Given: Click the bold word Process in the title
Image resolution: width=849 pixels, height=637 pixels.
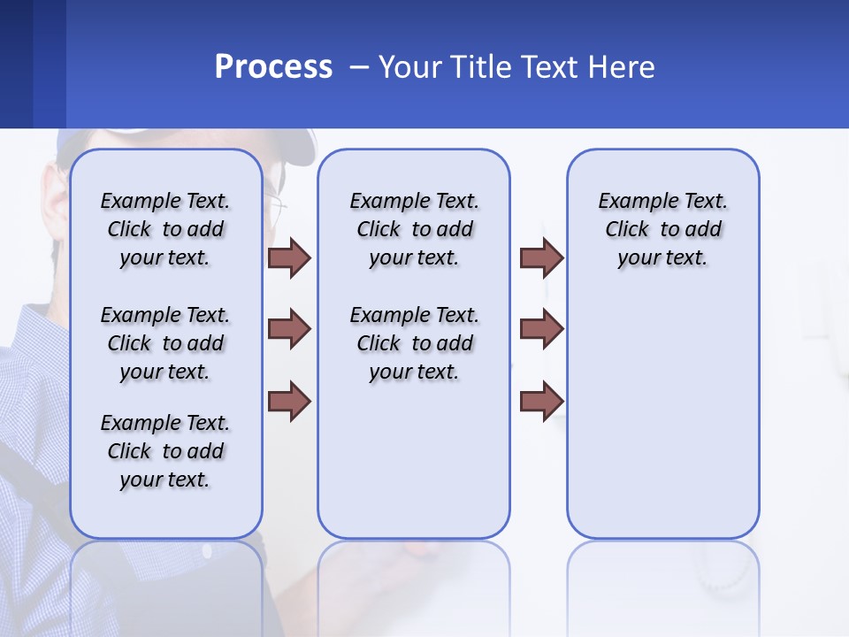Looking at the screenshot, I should coord(273,66).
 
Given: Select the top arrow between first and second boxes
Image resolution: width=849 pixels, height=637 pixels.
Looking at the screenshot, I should coord(289,257).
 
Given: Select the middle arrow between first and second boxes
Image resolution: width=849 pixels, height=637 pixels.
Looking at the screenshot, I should coord(289,329).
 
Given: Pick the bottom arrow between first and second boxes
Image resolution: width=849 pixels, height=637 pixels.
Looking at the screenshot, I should coord(289,401).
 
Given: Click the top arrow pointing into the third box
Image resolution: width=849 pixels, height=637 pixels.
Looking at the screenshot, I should coord(541,257).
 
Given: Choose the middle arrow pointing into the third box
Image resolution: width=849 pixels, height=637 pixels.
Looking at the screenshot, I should coord(541,329).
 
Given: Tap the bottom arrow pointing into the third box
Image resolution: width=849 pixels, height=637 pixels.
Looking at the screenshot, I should coord(541,401).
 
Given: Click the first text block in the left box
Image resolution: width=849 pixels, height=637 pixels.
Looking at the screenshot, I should coord(165,229).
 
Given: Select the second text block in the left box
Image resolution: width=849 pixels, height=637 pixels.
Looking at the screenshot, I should coord(165,343).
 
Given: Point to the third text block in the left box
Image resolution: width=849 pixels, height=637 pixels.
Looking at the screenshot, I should coord(165,451).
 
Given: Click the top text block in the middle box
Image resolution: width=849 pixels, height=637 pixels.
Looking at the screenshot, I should coord(414,229).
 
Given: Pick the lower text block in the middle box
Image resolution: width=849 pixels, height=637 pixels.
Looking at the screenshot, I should coord(414,343).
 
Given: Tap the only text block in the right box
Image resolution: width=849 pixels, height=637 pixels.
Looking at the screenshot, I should coord(662,229).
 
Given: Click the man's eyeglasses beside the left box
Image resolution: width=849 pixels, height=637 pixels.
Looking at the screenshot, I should coord(277,209).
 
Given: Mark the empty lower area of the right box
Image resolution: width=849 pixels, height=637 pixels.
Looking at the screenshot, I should coord(662,425).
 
